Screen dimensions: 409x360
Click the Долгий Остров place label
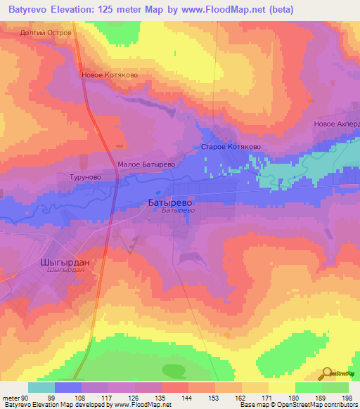coord(46,32)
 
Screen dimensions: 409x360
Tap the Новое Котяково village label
coord(109,74)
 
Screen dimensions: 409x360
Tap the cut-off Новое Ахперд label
coord(336,124)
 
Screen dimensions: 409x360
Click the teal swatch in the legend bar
coord(41,387)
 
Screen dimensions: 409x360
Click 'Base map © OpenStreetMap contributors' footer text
coord(297,405)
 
